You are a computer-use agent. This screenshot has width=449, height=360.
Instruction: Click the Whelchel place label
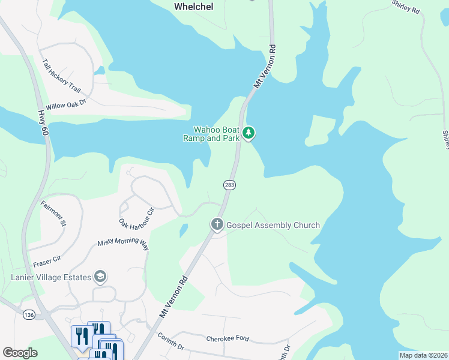(194, 6)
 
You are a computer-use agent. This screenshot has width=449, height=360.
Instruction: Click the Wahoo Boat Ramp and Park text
(211, 133)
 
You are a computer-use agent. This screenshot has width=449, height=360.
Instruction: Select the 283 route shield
(230, 185)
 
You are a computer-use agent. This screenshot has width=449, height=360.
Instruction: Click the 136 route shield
(28, 314)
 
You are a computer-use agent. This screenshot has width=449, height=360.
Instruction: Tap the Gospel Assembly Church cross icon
(217, 225)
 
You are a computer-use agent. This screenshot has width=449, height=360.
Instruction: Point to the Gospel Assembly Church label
(273, 225)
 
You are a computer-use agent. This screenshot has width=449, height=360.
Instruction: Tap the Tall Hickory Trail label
(61, 75)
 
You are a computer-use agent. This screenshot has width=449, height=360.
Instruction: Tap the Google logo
(20, 352)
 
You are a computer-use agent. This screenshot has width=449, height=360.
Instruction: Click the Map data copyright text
(423, 355)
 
